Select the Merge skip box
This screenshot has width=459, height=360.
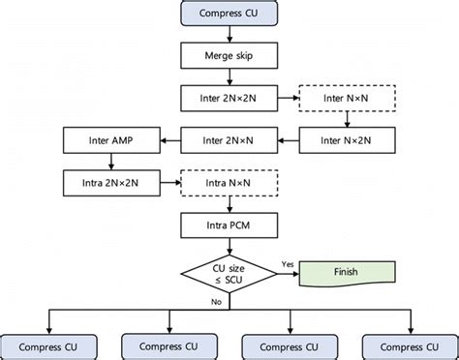click(x=229, y=55)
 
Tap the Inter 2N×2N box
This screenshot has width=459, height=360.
click(x=229, y=98)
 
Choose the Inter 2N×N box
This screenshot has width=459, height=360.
click(x=229, y=140)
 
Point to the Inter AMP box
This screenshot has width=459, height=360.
click(x=110, y=140)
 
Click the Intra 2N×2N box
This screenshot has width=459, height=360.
click(x=110, y=181)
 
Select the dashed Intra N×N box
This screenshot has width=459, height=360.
click(x=229, y=181)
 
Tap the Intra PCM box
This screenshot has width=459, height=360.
click(x=229, y=225)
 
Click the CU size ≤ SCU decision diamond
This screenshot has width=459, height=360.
click(x=229, y=273)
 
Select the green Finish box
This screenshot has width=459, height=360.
click(x=346, y=273)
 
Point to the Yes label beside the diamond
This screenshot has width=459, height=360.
click(x=287, y=263)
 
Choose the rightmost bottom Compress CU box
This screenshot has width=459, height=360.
click(x=408, y=345)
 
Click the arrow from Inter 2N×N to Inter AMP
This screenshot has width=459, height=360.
click(x=170, y=140)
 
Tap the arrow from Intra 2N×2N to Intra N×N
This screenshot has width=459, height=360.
click(x=170, y=181)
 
